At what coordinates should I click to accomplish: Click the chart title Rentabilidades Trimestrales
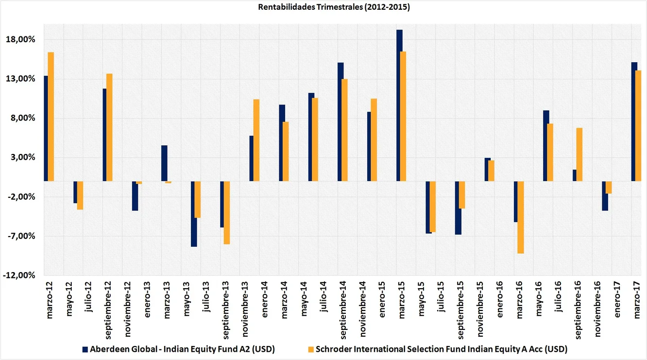[x=323, y=7]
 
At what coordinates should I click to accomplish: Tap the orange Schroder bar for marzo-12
[x=51, y=117]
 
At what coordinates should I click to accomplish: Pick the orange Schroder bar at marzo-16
[x=521, y=217]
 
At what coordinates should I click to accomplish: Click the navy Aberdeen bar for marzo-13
[x=164, y=163]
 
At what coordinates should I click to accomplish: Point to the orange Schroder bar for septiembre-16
[x=579, y=154]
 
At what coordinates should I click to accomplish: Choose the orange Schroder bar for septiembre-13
[x=227, y=212]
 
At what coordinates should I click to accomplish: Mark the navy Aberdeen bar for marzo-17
[x=634, y=121]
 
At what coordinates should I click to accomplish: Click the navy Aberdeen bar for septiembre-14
[x=341, y=121]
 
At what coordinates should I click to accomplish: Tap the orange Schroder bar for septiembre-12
[x=109, y=127]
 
